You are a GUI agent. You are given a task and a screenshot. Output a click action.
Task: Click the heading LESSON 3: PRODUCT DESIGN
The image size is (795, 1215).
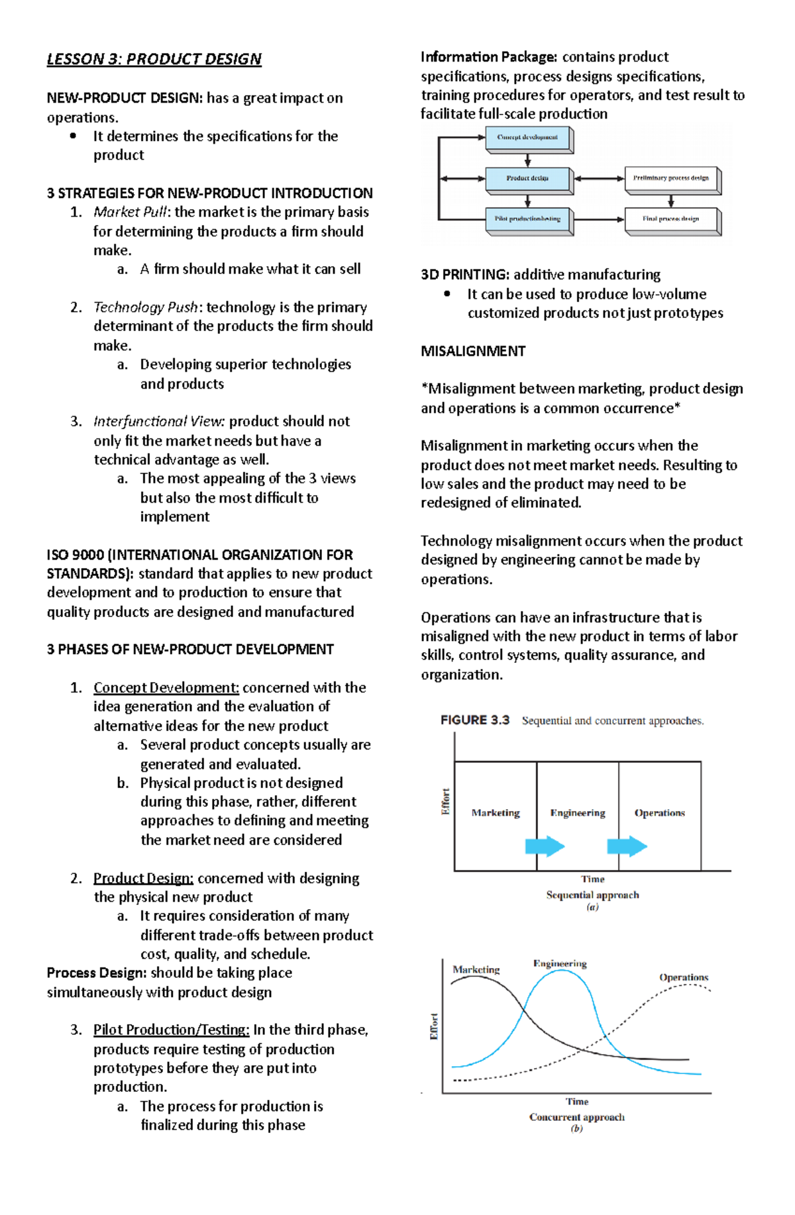[154, 59]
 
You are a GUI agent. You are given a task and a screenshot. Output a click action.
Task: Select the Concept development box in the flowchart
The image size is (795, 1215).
[528, 138]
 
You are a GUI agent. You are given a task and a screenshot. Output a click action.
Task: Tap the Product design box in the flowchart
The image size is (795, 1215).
[528, 178]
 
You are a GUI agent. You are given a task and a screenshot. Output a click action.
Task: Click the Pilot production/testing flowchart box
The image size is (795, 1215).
[528, 219]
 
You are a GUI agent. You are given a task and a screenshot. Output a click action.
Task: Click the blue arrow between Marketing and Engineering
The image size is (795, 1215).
[545, 846]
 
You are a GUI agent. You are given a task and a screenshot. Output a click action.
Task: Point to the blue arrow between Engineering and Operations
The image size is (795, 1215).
[627, 846]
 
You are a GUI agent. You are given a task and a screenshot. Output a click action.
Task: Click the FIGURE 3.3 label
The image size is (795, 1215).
[475, 720]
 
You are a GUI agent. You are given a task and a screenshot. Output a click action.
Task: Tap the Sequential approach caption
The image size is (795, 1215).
[592, 895]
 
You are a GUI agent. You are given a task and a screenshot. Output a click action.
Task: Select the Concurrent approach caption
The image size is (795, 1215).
[576, 1117]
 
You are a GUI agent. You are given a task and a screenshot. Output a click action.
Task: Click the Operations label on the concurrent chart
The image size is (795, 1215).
[684, 977]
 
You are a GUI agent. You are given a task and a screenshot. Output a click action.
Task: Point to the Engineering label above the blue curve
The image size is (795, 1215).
[560, 963]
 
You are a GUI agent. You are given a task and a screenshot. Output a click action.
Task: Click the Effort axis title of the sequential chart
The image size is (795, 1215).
[446, 802]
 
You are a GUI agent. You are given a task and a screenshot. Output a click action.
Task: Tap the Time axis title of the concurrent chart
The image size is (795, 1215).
[576, 1101]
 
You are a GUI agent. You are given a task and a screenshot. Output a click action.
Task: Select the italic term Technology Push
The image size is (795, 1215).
[146, 307]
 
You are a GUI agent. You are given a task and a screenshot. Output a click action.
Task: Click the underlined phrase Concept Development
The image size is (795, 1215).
[166, 688]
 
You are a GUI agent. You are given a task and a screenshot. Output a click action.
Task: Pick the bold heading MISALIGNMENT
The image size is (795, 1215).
[473, 352]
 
